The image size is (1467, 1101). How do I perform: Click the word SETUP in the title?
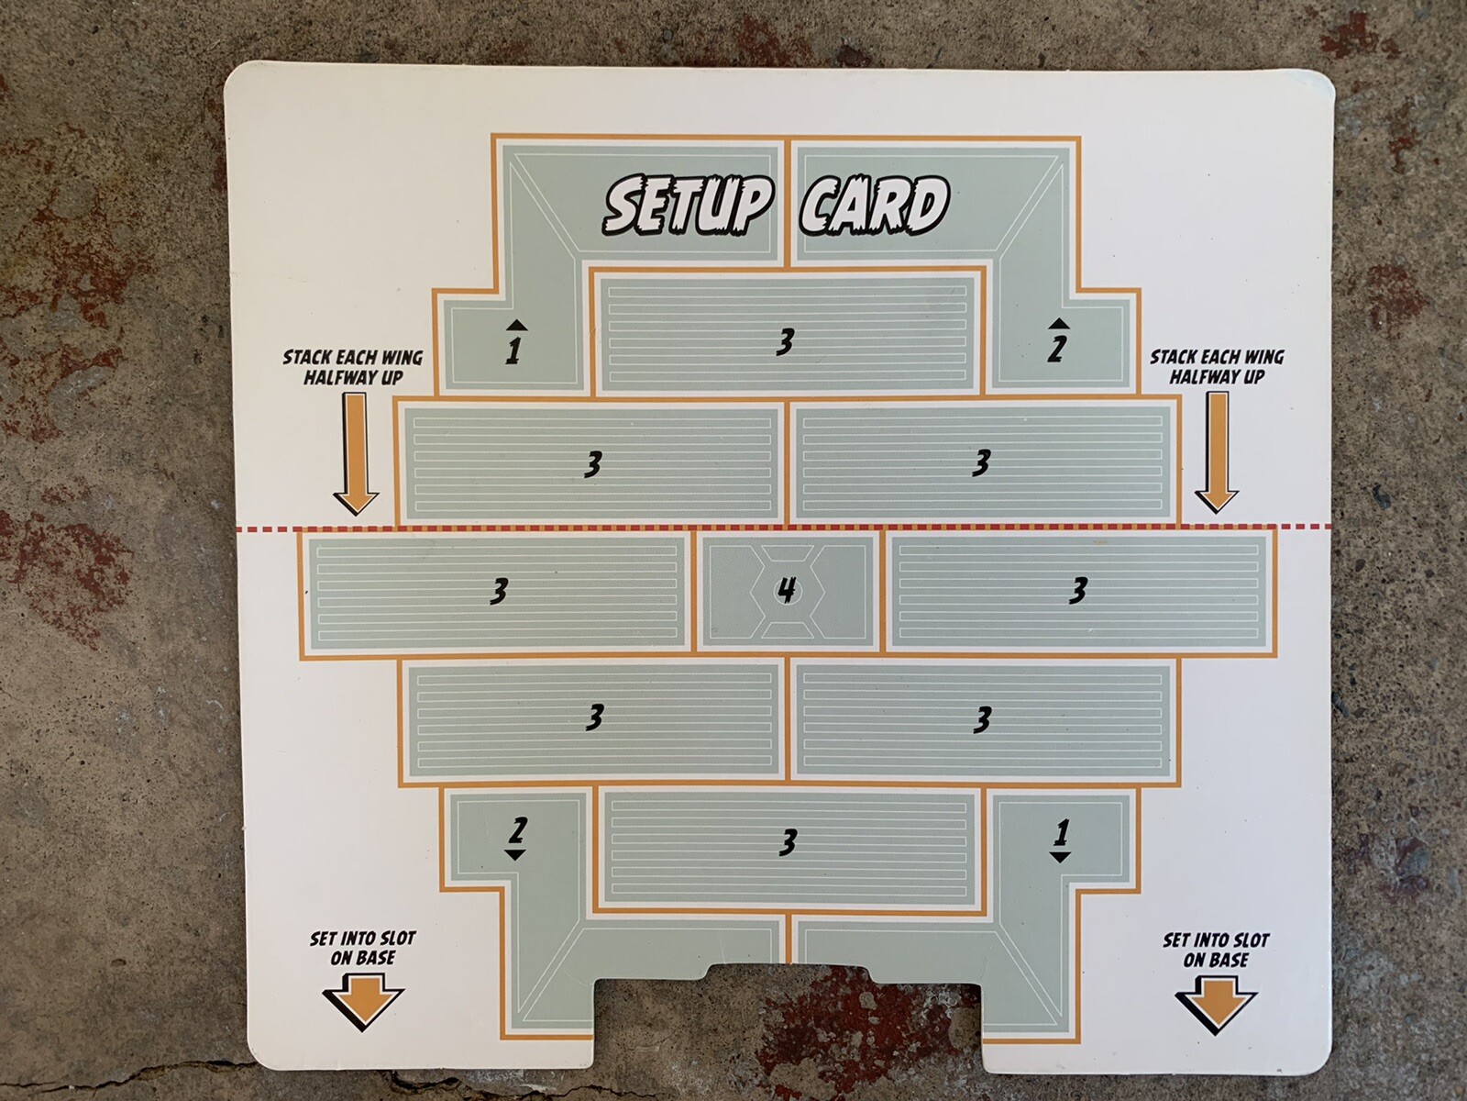tap(684, 206)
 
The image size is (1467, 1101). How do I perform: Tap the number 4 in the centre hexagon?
tap(786, 591)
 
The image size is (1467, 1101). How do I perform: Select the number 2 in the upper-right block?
tap(1057, 349)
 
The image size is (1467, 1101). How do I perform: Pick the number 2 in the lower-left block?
tap(516, 829)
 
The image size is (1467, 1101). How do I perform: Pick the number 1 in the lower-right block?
tap(1061, 832)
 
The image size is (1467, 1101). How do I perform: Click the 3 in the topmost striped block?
tap(784, 342)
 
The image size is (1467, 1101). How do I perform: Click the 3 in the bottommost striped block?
tap(787, 841)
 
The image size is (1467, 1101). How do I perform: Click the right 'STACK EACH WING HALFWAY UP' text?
tap(1217, 366)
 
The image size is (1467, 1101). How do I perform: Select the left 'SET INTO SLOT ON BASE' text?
tap(362, 948)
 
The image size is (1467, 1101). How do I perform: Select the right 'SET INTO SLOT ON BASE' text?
tap(1216, 950)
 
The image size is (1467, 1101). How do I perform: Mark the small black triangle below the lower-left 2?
tap(515, 854)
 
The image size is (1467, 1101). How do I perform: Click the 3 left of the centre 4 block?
tap(498, 592)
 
